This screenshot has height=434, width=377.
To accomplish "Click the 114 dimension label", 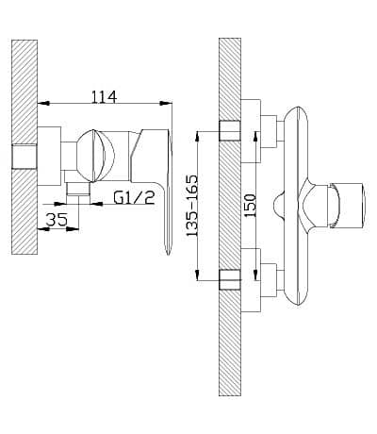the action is point(104,97).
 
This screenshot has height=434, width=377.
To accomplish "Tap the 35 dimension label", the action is point(57,220).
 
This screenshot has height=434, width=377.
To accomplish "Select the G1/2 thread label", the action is point(135,198).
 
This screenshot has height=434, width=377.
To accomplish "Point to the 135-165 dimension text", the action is point(192,206).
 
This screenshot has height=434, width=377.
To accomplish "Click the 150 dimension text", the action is point(251,206).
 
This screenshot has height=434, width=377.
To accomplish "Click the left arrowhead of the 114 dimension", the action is point(43,103).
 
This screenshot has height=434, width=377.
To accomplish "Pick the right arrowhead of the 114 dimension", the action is point(166,103).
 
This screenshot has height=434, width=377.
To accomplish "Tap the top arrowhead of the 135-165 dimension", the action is point(197,137).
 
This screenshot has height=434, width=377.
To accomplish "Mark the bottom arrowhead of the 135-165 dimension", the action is point(197,275).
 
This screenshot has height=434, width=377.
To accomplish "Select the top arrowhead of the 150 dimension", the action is point(255,137).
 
